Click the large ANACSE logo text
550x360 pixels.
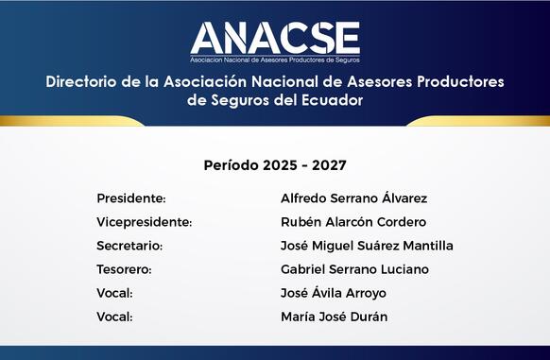[275, 38]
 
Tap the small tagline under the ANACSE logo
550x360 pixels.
[275, 60]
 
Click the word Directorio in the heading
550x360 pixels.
[81, 82]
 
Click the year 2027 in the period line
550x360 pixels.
[329, 165]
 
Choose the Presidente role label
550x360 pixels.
[131, 198]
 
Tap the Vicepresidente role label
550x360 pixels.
[145, 222]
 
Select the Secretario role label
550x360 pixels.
[129, 246]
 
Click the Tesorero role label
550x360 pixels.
[124, 269]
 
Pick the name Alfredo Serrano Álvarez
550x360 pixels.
[354, 197]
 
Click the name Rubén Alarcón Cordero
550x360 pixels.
[353, 222]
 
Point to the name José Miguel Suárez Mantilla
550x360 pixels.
[367, 246]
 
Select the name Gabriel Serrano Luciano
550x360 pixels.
[354, 269]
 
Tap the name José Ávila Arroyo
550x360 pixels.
[334, 293]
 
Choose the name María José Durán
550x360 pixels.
[335, 317]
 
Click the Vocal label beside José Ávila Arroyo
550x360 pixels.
[114, 293]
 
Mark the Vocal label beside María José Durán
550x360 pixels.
[114, 317]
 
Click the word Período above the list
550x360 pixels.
[232, 165]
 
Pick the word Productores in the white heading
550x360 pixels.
[460, 82]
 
